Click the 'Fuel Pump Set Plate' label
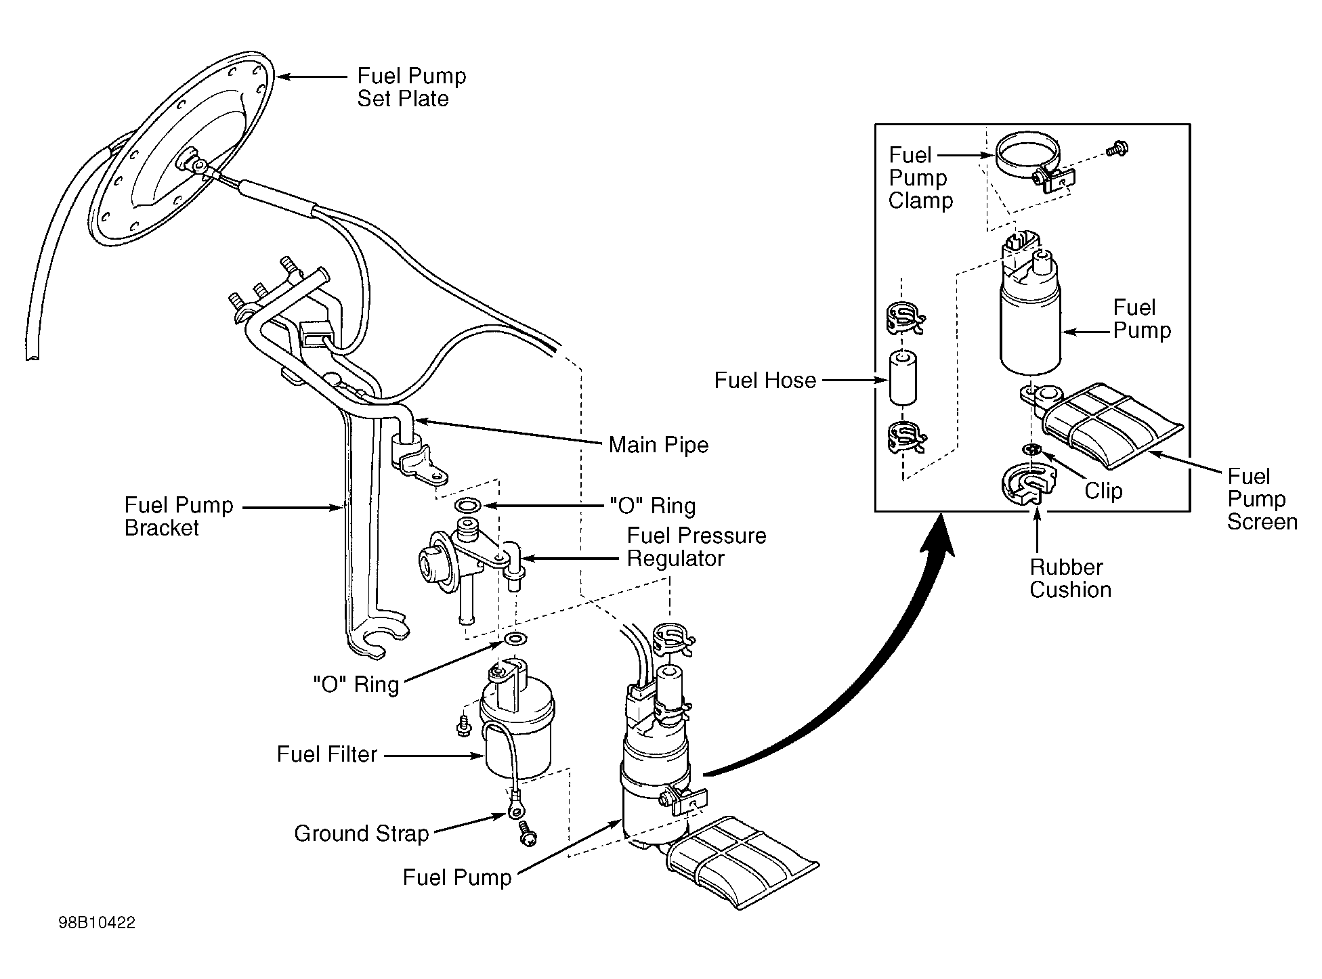tap(412, 87)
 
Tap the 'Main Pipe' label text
tap(658, 445)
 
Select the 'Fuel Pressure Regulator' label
tap(696, 547)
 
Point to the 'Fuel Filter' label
tap(326, 754)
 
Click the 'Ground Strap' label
tap(361, 833)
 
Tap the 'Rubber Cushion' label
tap(1070, 578)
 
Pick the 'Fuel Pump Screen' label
tap(1262, 499)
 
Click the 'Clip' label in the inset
tap(1103, 491)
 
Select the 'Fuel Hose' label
tap(765, 380)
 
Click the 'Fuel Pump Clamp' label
tap(920, 178)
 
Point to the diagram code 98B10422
tap(96, 923)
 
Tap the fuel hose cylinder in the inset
tap(902, 377)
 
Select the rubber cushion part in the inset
tap(1029, 483)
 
